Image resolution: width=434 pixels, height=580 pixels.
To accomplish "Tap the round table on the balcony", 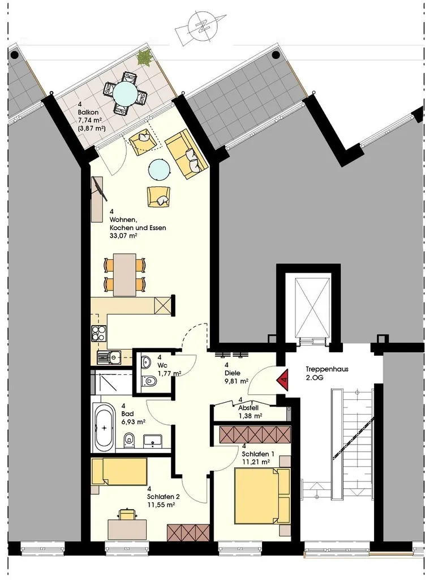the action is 124,93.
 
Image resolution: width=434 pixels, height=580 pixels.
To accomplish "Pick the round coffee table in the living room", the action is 160,169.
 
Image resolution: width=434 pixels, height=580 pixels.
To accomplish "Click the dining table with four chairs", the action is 124,274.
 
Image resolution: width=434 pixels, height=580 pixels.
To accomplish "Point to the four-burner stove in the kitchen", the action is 98,333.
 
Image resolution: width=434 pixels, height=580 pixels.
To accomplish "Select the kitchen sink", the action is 109,357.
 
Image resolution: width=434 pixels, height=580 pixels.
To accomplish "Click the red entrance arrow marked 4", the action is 282,379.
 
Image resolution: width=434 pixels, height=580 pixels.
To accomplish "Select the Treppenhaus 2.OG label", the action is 327,373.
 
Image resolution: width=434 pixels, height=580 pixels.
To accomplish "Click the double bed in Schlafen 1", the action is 262,496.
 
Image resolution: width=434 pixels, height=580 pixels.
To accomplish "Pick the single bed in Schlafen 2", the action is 119,471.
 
